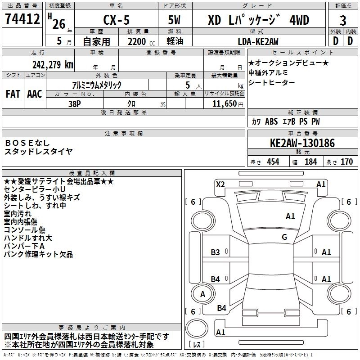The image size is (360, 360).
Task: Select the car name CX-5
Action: coord(115,20)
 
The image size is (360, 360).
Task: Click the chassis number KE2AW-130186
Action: coord(302,144)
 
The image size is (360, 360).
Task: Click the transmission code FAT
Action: coord(13,94)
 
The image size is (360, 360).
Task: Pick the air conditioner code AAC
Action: coord(34,94)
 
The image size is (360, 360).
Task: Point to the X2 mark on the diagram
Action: coord(220,184)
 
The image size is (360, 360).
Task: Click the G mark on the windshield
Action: coord(284,237)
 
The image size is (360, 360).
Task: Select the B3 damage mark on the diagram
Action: coord(216,252)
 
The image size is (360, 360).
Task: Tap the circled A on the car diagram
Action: coord(202,294)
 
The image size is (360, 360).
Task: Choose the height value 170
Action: coord(346,162)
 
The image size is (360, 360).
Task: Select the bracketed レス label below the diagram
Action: coord(197,345)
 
